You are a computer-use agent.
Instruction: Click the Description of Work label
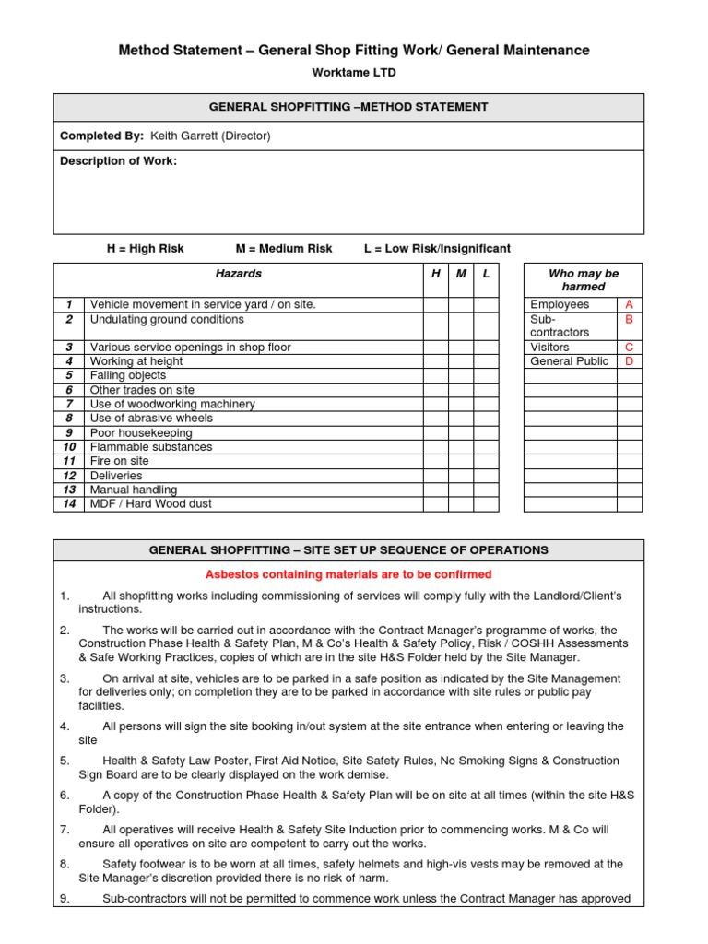(118, 161)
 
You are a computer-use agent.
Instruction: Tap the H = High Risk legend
(146, 249)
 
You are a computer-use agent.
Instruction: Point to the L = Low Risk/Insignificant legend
(437, 249)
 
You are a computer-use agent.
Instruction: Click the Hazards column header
(238, 274)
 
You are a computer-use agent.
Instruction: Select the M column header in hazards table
(461, 274)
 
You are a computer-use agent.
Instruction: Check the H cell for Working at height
(436, 361)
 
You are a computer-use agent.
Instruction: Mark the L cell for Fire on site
(486, 461)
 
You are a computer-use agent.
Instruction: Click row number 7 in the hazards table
(68, 404)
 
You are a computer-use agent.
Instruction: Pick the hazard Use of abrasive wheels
(151, 419)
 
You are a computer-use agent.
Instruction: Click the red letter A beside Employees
(630, 304)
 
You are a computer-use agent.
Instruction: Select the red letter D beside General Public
(630, 361)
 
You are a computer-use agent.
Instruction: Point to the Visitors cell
(550, 348)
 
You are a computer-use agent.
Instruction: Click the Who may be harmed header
(583, 280)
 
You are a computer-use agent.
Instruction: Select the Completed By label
(101, 136)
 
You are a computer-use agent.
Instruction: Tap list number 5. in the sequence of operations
(65, 761)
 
